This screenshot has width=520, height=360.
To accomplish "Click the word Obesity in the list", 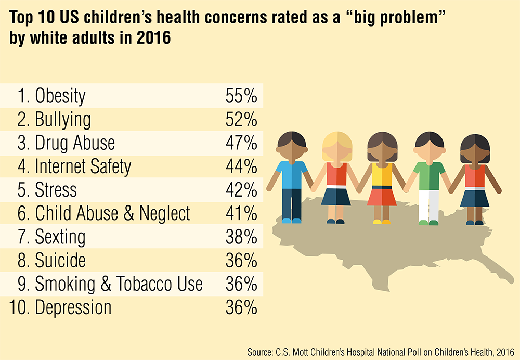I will click(60, 96).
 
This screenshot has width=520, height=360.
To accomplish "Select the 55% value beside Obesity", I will click(241, 96).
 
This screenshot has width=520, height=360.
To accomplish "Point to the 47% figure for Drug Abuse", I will click(241, 143).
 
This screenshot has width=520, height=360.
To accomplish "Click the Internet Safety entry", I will click(83, 166).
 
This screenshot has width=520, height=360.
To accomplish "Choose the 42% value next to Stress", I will click(241, 190).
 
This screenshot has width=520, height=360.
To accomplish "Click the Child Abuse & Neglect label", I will click(112, 213).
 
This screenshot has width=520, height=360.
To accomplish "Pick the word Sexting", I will click(60, 237).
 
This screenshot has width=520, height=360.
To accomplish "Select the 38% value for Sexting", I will click(241, 237).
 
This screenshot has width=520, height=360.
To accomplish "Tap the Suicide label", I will click(60, 260).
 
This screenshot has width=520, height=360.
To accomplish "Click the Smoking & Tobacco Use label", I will click(119, 284).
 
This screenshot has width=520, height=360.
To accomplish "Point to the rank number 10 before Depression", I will click(19, 307).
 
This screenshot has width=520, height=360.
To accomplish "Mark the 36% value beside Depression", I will click(241, 307).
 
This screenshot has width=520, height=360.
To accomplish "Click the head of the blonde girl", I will click(337, 146).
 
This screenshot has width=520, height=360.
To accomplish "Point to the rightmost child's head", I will click(474, 148).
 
